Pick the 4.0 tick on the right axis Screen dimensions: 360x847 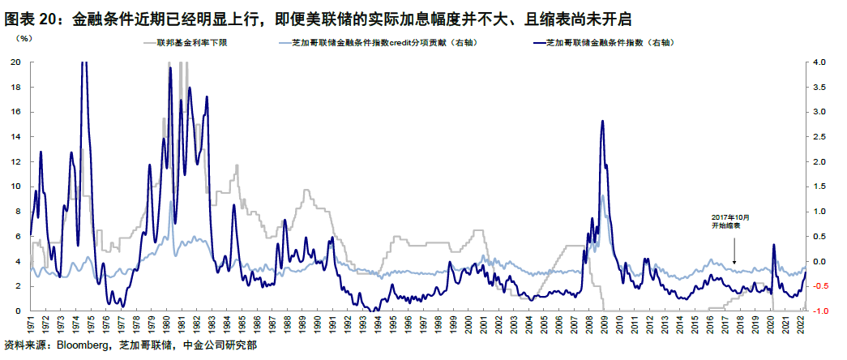[x=819, y=62]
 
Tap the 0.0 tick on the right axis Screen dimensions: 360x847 [x=819, y=261]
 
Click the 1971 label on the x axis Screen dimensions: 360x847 [x=31, y=324]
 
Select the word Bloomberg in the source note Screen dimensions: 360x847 [x=81, y=347]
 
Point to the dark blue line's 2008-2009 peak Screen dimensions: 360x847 [x=601, y=121]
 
